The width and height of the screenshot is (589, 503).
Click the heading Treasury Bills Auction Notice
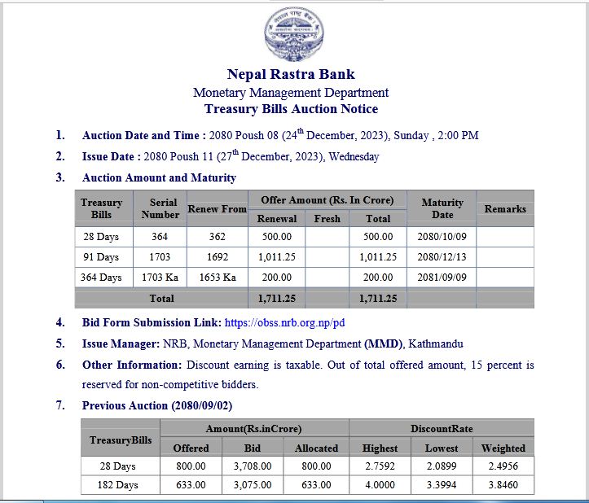291,109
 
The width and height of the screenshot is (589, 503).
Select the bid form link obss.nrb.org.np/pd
284,323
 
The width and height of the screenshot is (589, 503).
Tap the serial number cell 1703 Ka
160,278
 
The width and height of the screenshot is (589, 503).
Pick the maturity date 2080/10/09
442,237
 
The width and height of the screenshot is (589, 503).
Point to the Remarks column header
505,209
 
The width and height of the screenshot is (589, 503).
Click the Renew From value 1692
217,257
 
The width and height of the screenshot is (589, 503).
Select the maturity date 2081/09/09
442,278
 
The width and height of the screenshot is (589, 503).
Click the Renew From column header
217,209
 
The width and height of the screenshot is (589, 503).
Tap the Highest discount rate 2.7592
380,466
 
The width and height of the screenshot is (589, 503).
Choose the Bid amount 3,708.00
253,466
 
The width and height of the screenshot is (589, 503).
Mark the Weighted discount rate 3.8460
503,485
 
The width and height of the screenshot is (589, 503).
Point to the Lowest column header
442,448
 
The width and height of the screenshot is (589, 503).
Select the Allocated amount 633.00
316,485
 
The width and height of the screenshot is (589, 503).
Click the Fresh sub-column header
327,218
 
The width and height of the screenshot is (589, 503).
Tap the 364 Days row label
101,278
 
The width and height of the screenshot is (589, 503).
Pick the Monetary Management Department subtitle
291,93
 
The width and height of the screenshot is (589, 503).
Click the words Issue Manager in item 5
120,343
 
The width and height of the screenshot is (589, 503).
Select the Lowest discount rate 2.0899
442,466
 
